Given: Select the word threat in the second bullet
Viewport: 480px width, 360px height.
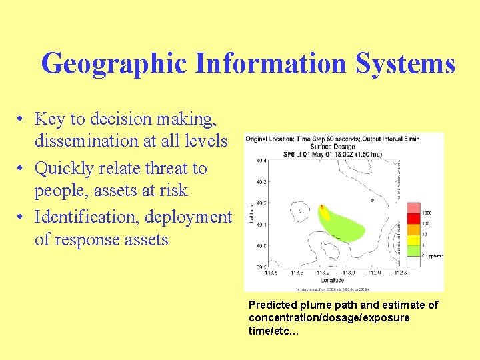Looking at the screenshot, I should click(174, 169).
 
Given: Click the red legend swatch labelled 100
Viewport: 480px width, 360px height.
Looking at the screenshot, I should click(413, 219).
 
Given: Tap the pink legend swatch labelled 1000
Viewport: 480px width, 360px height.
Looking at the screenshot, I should click(413, 209).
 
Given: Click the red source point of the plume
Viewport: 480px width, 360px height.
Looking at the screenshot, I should click(321, 207).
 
